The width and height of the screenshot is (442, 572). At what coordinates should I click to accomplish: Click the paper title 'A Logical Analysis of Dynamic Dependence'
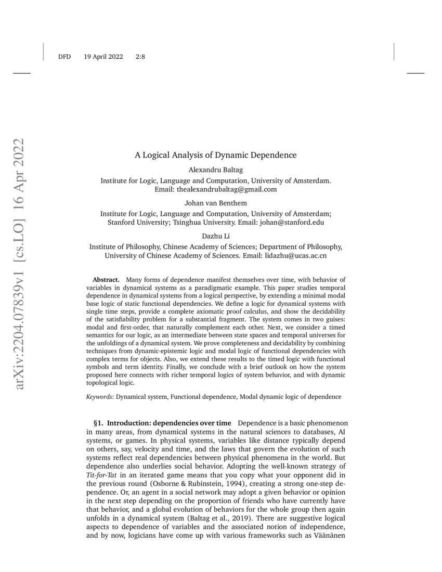tap(216, 155)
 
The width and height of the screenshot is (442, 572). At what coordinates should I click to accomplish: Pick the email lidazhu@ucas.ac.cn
tap(295, 256)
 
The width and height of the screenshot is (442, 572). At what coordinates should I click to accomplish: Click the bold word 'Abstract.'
tap(106, 280)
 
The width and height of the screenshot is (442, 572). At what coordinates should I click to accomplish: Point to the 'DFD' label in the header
tap(64, 57)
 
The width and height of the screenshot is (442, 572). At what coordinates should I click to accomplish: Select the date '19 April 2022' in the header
tap(103, 57)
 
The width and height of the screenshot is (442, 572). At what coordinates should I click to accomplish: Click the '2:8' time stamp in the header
tap(140, 57)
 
